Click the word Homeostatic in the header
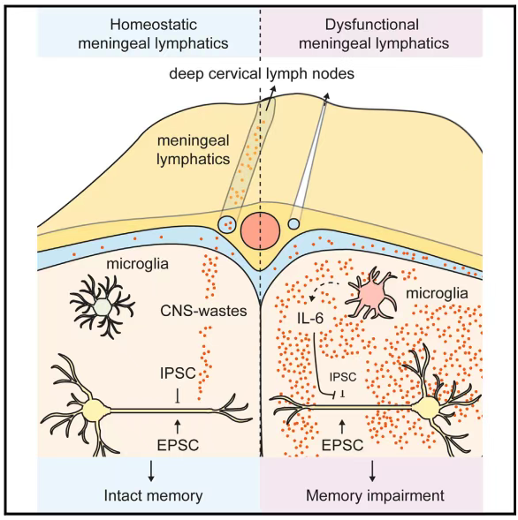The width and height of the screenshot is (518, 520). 154,25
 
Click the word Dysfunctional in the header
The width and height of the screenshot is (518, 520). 372,25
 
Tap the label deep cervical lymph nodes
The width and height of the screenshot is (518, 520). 262,73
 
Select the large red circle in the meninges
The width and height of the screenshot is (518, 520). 261,230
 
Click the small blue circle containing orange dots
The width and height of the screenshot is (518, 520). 227,224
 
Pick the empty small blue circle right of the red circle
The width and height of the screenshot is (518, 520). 293,224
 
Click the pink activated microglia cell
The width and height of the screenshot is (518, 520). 371,294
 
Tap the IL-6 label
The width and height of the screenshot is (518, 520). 309,319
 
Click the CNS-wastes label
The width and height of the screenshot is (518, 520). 203,311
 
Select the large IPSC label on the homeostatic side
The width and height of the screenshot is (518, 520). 178,373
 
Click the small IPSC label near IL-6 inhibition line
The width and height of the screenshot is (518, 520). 343,377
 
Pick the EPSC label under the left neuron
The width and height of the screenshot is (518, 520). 178,445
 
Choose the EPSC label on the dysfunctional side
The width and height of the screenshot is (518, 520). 342,445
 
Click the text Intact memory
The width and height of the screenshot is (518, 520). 154,496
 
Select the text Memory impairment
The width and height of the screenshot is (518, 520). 375,496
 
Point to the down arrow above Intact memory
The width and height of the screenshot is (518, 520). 151,471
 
